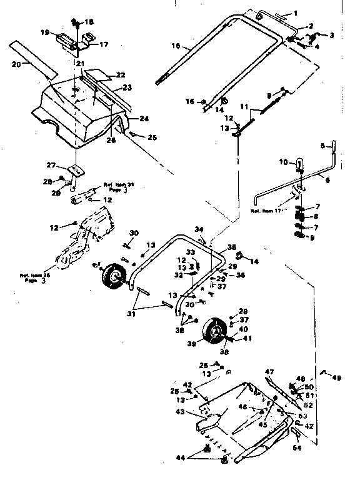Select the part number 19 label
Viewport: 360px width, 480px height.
click(46, 32)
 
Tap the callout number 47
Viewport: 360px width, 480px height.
click(269, 371)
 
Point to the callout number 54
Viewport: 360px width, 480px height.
click(297, 447)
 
